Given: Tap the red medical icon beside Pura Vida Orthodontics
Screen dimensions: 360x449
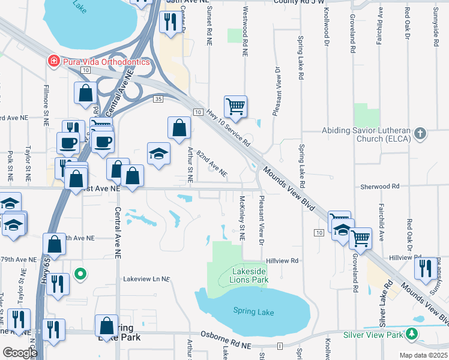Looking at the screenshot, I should tap(53, 61).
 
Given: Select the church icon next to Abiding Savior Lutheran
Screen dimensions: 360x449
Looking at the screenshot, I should tap(421, 133).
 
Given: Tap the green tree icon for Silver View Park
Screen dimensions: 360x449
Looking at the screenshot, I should tap(411, 334).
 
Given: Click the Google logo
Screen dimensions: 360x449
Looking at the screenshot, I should tap(20, 353).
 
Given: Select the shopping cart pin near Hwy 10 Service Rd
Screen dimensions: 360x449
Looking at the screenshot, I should tap(235, 107).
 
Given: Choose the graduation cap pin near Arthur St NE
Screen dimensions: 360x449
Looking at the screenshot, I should tap(158, 154).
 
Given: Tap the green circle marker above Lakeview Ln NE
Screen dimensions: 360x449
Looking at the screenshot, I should tap(80, 275).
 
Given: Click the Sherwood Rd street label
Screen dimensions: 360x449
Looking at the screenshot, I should tap(379, 187).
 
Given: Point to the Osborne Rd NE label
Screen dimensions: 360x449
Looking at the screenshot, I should tap(226, 340).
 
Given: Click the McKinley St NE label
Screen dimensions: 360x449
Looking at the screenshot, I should tap(242, 217).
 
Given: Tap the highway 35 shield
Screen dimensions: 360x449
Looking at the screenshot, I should tap(158, 98).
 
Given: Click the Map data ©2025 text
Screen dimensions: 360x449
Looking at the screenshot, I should tap(423, 355).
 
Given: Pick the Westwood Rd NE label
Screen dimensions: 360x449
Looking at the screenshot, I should tap(245, 32).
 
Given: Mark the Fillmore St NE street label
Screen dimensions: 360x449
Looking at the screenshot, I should tap(46, 106).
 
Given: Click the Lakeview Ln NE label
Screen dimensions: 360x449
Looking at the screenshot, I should tap(147, 279).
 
